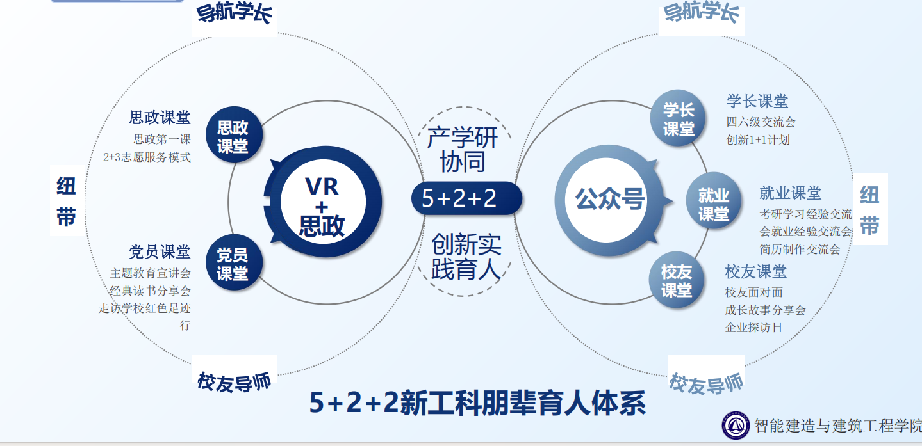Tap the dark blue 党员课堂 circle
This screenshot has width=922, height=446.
tap(231, 264)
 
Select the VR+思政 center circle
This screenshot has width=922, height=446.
tap(322, 203)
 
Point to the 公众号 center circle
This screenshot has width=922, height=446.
tap(609, 200)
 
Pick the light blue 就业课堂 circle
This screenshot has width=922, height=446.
tap(712, 203)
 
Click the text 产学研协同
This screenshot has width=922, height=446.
tap(462, 149)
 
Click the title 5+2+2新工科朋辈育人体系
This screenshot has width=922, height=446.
tap(477, 402)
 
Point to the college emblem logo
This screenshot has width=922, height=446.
tap(736, 425)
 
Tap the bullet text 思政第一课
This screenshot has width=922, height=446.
tap(161, 139)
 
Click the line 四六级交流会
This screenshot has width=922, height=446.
tap(761, 122)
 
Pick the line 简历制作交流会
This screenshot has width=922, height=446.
tap(800, 249)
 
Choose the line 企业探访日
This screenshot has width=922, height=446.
tap(753, 328)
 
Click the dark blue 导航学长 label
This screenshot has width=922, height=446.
tap(235, 14)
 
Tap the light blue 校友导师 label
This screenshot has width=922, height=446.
tap(706, 383)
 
